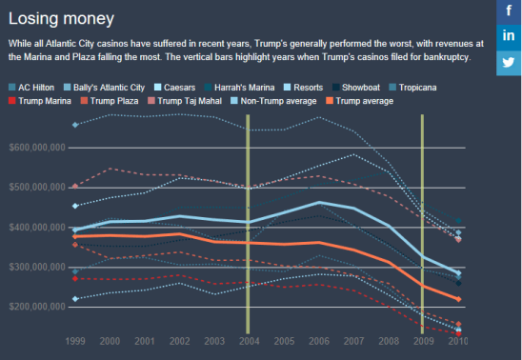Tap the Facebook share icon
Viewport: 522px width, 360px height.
[509, 11]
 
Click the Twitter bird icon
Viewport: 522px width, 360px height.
[509, 61]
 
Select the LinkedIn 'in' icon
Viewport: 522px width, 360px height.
[509, 36]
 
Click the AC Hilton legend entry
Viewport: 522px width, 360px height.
[34, 87]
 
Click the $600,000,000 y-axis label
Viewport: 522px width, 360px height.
[36, 147]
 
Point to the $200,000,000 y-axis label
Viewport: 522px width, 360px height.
[36, 308]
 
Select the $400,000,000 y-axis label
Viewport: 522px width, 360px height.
[36, 228]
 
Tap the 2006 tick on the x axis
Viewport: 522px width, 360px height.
[318, 340]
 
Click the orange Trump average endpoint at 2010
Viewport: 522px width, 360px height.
[458, 299]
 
